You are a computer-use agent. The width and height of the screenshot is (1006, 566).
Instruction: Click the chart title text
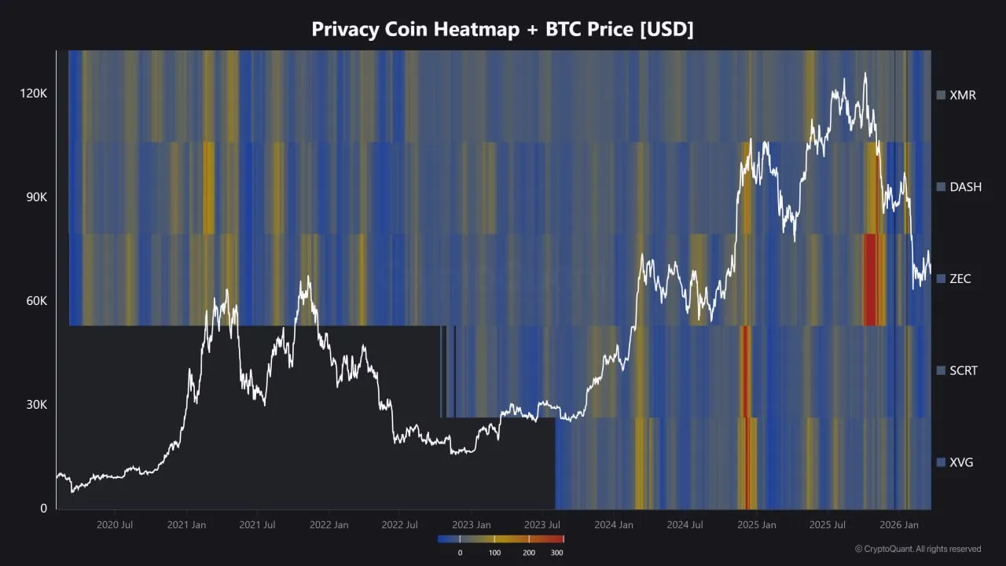(502, 29)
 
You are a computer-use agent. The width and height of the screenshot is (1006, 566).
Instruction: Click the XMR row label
(963, 95)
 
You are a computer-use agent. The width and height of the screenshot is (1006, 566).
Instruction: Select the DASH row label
(965, 187)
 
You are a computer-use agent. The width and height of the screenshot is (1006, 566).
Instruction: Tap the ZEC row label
(960, 279)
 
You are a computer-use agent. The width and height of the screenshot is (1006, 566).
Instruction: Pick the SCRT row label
(964, 370)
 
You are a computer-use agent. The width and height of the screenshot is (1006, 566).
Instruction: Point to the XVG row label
(961, 462)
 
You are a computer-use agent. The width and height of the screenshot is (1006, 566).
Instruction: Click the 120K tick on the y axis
(34, 94)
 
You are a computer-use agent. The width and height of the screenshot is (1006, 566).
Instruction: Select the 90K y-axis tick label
(35, 197)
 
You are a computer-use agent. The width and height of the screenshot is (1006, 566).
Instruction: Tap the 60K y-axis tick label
(35, 301)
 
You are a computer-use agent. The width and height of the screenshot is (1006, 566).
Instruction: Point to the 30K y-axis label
(35, 405)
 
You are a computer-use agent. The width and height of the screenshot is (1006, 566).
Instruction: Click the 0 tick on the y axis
(44, 509)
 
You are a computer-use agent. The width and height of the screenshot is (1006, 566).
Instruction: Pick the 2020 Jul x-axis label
(114, 524)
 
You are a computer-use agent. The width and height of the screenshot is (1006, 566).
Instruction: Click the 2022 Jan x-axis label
(329, 524)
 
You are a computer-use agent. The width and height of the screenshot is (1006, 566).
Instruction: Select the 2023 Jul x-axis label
(543, 524)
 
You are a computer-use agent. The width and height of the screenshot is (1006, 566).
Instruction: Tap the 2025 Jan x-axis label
(758, 524)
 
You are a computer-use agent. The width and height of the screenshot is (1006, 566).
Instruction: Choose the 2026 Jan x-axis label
(900, 524)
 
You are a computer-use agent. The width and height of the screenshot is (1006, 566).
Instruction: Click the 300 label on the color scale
(556, 553)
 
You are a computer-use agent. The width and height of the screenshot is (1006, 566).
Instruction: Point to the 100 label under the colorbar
(494, 553)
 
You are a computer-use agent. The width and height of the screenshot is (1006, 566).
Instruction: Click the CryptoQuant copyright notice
(918, 549)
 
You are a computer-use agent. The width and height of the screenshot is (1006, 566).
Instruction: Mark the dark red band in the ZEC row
(869, 280)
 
